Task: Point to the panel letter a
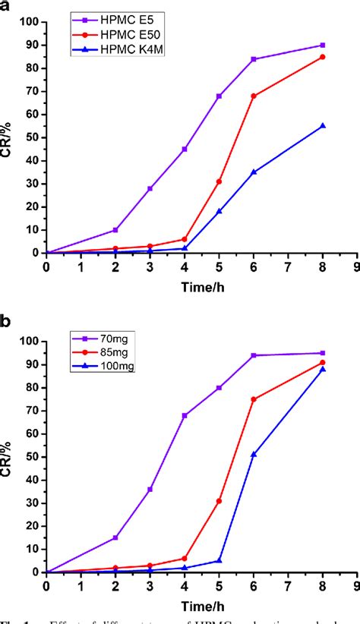tap(6, 7)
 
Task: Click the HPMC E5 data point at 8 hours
tap(323, 46)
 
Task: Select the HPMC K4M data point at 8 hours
tap(323, 126)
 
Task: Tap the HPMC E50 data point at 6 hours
tap(254, 96)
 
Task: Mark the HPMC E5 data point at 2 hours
tap(115, 229)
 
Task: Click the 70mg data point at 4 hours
tap(185, 415)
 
